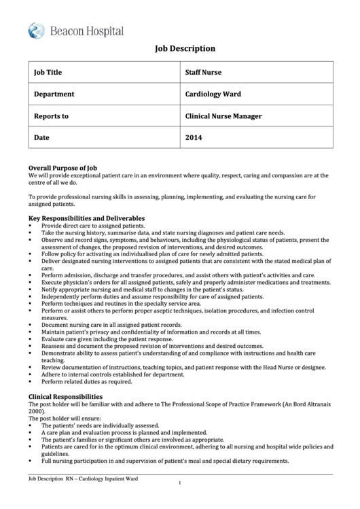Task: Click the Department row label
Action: (54, 94)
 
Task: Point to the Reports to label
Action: (51, 116)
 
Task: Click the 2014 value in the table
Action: (194, 137)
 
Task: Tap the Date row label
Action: (42, 137)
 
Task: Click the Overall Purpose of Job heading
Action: (62, 167)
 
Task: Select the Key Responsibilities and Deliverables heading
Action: (86, 218)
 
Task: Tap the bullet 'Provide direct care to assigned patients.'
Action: (93, 225)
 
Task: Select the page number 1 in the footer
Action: (179, 483)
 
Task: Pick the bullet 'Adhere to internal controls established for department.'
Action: (113, 374)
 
